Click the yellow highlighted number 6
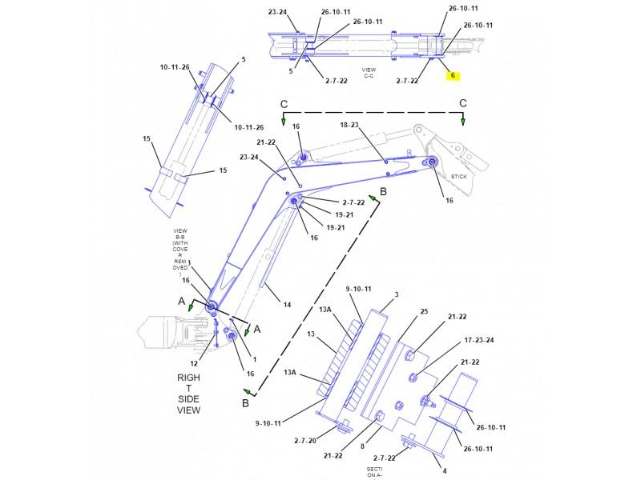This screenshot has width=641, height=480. [x=452, y=76]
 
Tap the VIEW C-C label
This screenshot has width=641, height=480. [x=369, y=73]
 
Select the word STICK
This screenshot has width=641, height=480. [x=458, y=176]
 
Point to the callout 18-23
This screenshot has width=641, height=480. [x=350, y=126]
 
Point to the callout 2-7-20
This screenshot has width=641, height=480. [x=305, y=440]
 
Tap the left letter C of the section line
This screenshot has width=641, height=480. [x=283, y=104]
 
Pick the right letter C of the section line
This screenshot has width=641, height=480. [x=462, y=104]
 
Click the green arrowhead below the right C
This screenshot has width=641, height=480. [x=462, y=121]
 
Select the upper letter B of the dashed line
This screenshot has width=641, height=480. [x=383, y=191]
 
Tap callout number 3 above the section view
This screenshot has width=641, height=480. [x=395, y=295]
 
